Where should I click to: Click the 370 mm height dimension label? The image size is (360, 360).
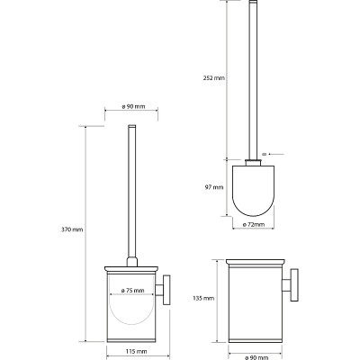72,229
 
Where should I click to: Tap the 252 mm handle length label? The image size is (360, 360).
213,78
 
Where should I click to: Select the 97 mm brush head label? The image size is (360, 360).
214,187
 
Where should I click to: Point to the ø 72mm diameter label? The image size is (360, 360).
254,224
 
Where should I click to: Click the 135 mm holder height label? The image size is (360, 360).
203,298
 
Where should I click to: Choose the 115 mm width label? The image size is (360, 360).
138,351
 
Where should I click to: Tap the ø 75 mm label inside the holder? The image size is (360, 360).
132,291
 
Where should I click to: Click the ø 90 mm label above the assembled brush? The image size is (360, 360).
133,106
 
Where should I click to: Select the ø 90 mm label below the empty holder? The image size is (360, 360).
256,357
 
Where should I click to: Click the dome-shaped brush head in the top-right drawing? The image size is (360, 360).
254,191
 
